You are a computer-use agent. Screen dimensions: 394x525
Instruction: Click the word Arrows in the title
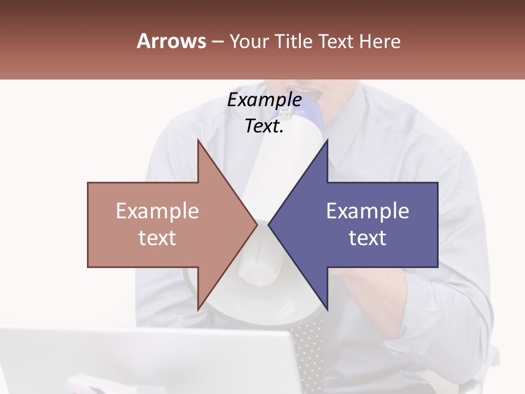[x=171, y=41]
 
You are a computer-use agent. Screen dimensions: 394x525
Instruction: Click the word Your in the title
[x=249, y=41]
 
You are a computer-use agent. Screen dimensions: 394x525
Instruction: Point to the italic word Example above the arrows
[x=264, y=100]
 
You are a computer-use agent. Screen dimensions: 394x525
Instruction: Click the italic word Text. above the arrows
[x=264, y=126]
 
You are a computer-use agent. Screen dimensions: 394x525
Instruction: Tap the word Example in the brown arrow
[x=157, y=211]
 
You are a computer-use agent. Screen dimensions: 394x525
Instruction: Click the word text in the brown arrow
[x=157, y=238]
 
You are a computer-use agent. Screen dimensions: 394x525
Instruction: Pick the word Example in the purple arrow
[x=367, y=211]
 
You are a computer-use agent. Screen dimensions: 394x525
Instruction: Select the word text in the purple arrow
[x=367, y=238]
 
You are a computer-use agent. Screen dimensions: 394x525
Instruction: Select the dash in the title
[x=217, y=42]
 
